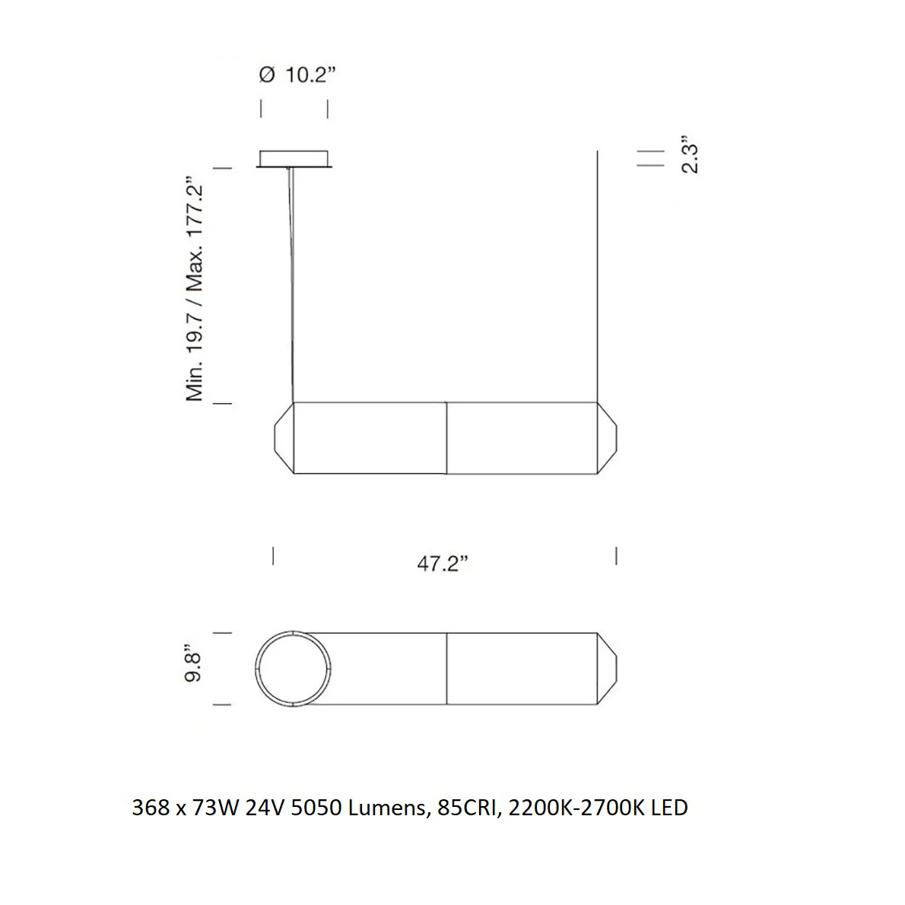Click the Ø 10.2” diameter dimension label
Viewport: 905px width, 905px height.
[297, 75]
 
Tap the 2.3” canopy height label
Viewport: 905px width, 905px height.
[690, 154]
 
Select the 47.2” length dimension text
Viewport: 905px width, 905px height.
[442, 563]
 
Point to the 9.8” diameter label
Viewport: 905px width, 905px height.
[192, 664]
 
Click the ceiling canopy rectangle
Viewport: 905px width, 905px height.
[294, 159]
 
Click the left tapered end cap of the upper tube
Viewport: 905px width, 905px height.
[284, 438]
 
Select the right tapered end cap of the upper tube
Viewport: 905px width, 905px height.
[607, 438]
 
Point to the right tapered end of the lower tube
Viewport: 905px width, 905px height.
[607, 668]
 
